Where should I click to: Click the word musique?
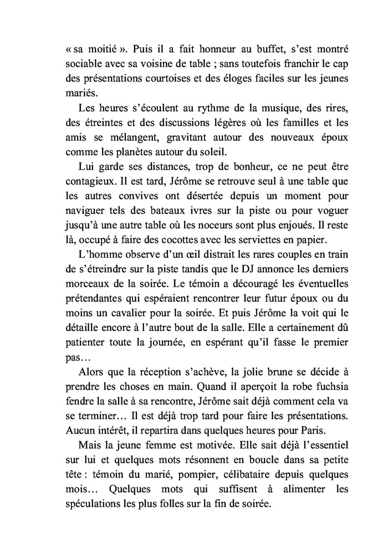tap(267, 107)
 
